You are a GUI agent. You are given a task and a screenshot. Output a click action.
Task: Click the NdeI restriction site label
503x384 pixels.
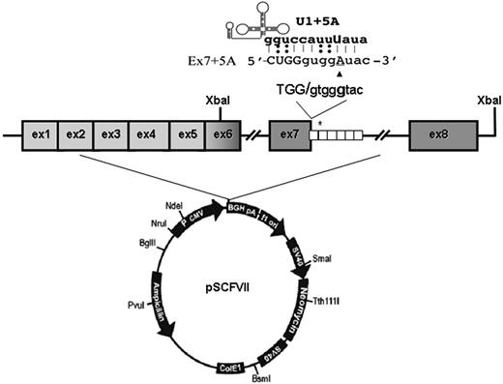(174, 205)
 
